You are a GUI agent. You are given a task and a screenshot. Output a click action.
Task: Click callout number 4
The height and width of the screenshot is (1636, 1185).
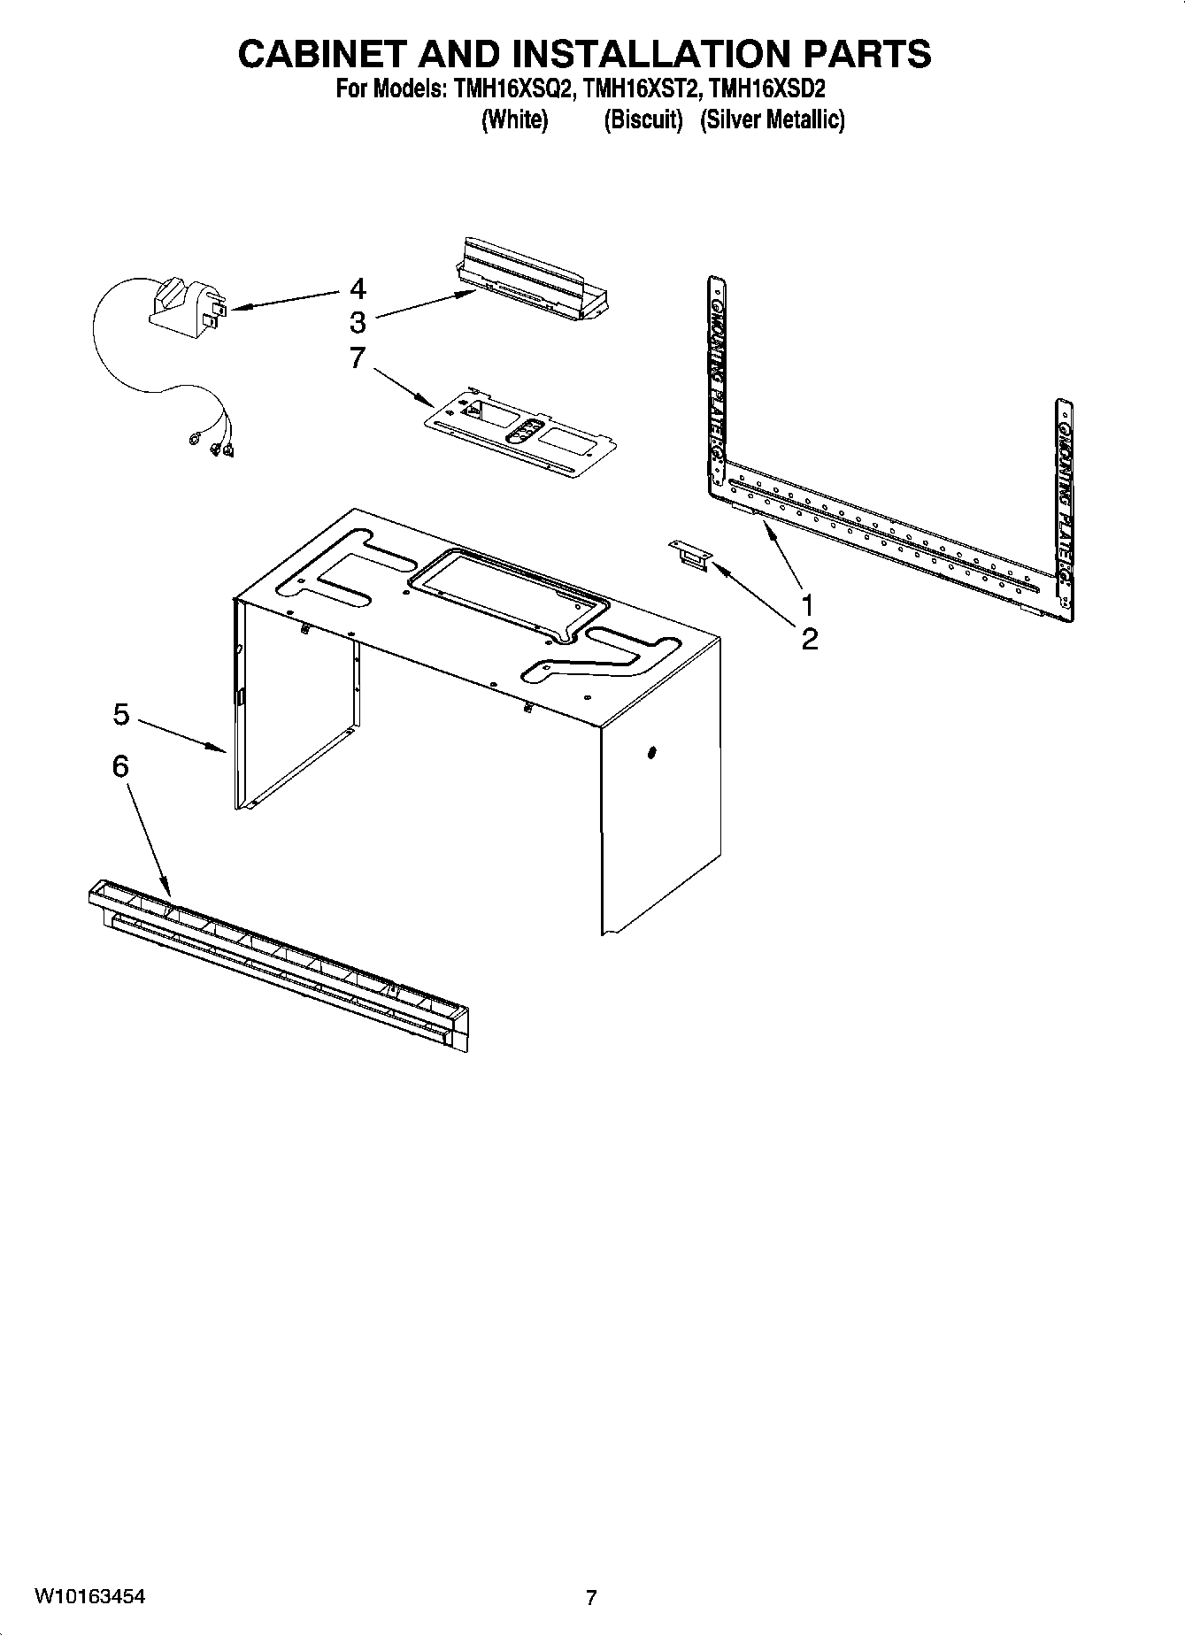tap(358, 288)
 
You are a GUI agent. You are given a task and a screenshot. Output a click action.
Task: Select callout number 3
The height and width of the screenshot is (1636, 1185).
tap(358, 321)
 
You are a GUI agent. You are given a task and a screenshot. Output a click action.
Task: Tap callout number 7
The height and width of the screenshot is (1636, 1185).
tap(358, 358)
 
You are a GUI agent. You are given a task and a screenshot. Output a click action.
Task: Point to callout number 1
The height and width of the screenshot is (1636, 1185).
tap(806, 604)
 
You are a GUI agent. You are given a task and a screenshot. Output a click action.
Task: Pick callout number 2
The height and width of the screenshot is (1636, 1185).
tap(810, 639)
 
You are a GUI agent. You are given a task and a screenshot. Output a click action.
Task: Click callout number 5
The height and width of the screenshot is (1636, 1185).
tap(121, 714)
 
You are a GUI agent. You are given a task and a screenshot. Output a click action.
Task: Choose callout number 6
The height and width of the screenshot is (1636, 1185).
tap(120, 766)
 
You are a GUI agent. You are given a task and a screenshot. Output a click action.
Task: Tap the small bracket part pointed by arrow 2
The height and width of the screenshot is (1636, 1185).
tap(690, 557)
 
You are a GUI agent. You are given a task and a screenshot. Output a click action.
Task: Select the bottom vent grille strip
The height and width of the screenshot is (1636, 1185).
tap(279, 964)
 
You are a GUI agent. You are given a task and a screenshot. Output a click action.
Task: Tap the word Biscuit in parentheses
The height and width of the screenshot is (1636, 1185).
tap(643, 119)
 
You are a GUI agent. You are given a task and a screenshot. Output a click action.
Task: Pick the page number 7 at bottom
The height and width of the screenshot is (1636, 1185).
tap(591, 1598)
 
